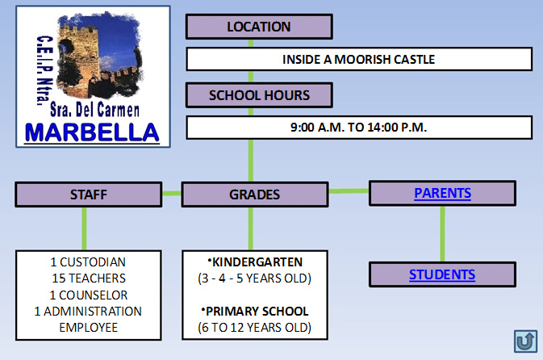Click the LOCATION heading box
[259, 27]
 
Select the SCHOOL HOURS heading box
[259, 95]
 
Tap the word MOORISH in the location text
[362, 60]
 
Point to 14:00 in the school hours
[382, 128]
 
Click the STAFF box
[89, 195]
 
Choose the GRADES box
[255, 195]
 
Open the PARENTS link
[443, 193]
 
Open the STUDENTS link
[442, 274]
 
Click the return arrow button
[526, 341]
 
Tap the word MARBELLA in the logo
[92, 132]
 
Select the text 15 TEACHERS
[89, 278]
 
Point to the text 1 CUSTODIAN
[88, 262]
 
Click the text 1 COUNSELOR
[89, 295]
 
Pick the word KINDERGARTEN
[257, 262]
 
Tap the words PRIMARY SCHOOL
[257, 311]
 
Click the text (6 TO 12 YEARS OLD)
[254, 328]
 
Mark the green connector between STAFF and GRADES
[172, 194]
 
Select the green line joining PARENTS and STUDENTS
[443, 234]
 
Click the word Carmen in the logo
[118, 110]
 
